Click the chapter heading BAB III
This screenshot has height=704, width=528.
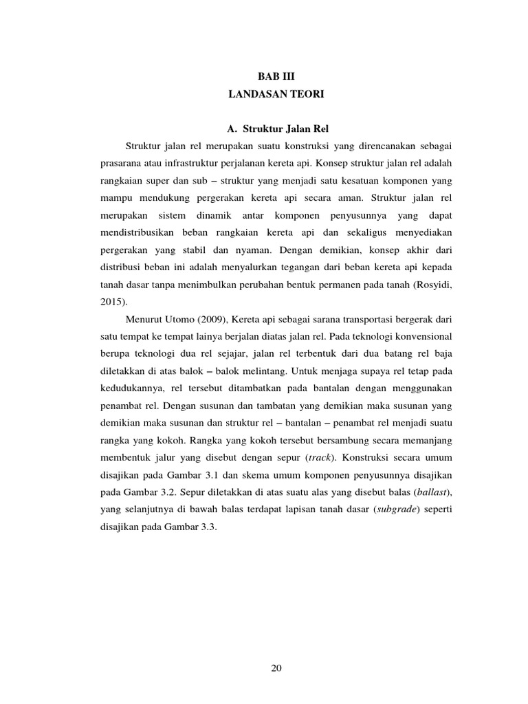(274, 74)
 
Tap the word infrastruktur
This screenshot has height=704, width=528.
(200, 164)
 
